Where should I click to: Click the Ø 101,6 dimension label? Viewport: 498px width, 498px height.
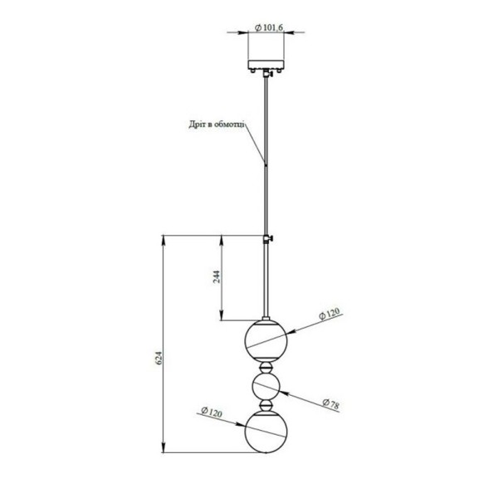point(269,28)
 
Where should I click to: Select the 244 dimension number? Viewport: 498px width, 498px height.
point(216,277)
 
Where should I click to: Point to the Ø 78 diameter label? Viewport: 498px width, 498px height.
point(330,403)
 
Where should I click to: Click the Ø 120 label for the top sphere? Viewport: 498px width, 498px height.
point(330,314)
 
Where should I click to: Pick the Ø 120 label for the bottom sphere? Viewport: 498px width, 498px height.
point(212,412)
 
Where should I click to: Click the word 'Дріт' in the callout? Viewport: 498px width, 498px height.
point(197,124)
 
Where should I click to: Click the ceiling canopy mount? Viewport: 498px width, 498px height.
point(266,66)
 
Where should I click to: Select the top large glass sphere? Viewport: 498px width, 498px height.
point(266,340)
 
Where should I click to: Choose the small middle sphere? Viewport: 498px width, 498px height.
point(266,387)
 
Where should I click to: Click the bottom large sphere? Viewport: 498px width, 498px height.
point(266,432)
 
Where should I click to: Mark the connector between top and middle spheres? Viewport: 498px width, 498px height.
point(266,368)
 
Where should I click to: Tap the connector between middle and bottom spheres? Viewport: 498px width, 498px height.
point(266,405)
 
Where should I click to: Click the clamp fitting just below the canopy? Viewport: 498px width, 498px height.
point(267,75)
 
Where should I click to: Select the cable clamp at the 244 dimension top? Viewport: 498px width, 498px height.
point(268,238)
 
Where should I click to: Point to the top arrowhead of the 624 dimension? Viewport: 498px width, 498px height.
point(163,240)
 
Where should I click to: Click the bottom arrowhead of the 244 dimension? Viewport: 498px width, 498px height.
point(222,315)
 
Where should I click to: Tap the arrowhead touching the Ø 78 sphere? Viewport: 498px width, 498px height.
point(284,393)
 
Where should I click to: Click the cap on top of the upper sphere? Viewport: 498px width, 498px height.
point(266,318)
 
